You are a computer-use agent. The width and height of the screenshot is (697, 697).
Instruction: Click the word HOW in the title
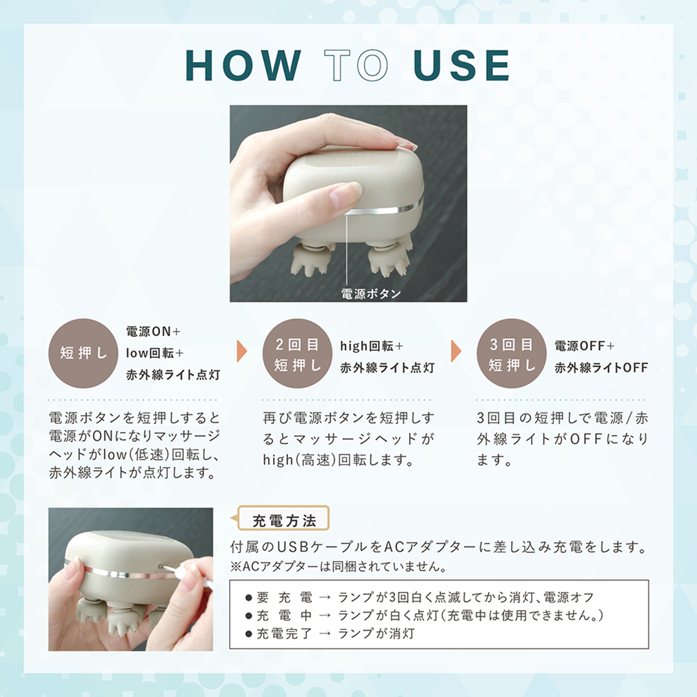[x=243, y=65]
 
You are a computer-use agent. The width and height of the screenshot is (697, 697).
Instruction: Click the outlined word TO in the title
[x=356, y=65]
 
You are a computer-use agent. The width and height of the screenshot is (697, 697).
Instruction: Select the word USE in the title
[x=461, y=65]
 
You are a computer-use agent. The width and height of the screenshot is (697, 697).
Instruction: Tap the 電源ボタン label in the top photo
[x=370, y=294]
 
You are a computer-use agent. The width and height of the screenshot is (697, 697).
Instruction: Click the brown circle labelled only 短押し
[x=83, y=353]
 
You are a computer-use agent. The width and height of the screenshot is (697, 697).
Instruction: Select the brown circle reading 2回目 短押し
[x=298, y=353]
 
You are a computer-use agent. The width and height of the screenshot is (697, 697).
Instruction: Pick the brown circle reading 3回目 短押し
[x=512, y=353]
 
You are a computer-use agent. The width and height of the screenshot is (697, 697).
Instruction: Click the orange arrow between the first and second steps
[x=241, y=351]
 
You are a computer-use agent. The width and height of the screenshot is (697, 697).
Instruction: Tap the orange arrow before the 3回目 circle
[x=456, y=351]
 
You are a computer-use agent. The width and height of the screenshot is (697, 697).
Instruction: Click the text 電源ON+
[x=154, y=332]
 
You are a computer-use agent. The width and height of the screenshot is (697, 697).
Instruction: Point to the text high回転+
[x=372, y=346]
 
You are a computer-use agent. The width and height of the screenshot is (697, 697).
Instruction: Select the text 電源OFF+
[x=585, y=346]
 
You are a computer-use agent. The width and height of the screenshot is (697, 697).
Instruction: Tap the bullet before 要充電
[x=248, y=598]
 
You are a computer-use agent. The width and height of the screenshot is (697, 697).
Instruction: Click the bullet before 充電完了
[x=248, y=634]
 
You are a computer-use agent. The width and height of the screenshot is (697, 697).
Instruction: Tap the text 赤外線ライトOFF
[x=601, y=368]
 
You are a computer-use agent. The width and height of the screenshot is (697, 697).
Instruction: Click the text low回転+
[x=155, y=354]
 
